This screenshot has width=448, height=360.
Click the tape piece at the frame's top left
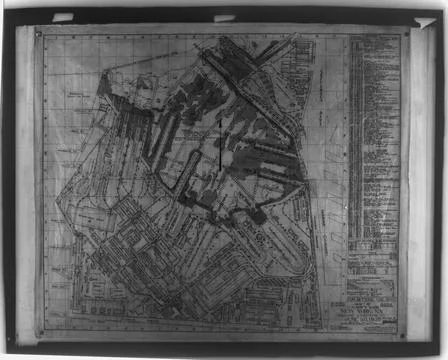[x=62, y=17]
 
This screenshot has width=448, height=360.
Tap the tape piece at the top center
[x=224, y=17]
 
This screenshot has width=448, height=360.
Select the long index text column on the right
[x=372, y=140]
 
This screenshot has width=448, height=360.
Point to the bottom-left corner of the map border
[x=40, y=334]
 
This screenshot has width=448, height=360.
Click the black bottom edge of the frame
[x=224, y=353]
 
